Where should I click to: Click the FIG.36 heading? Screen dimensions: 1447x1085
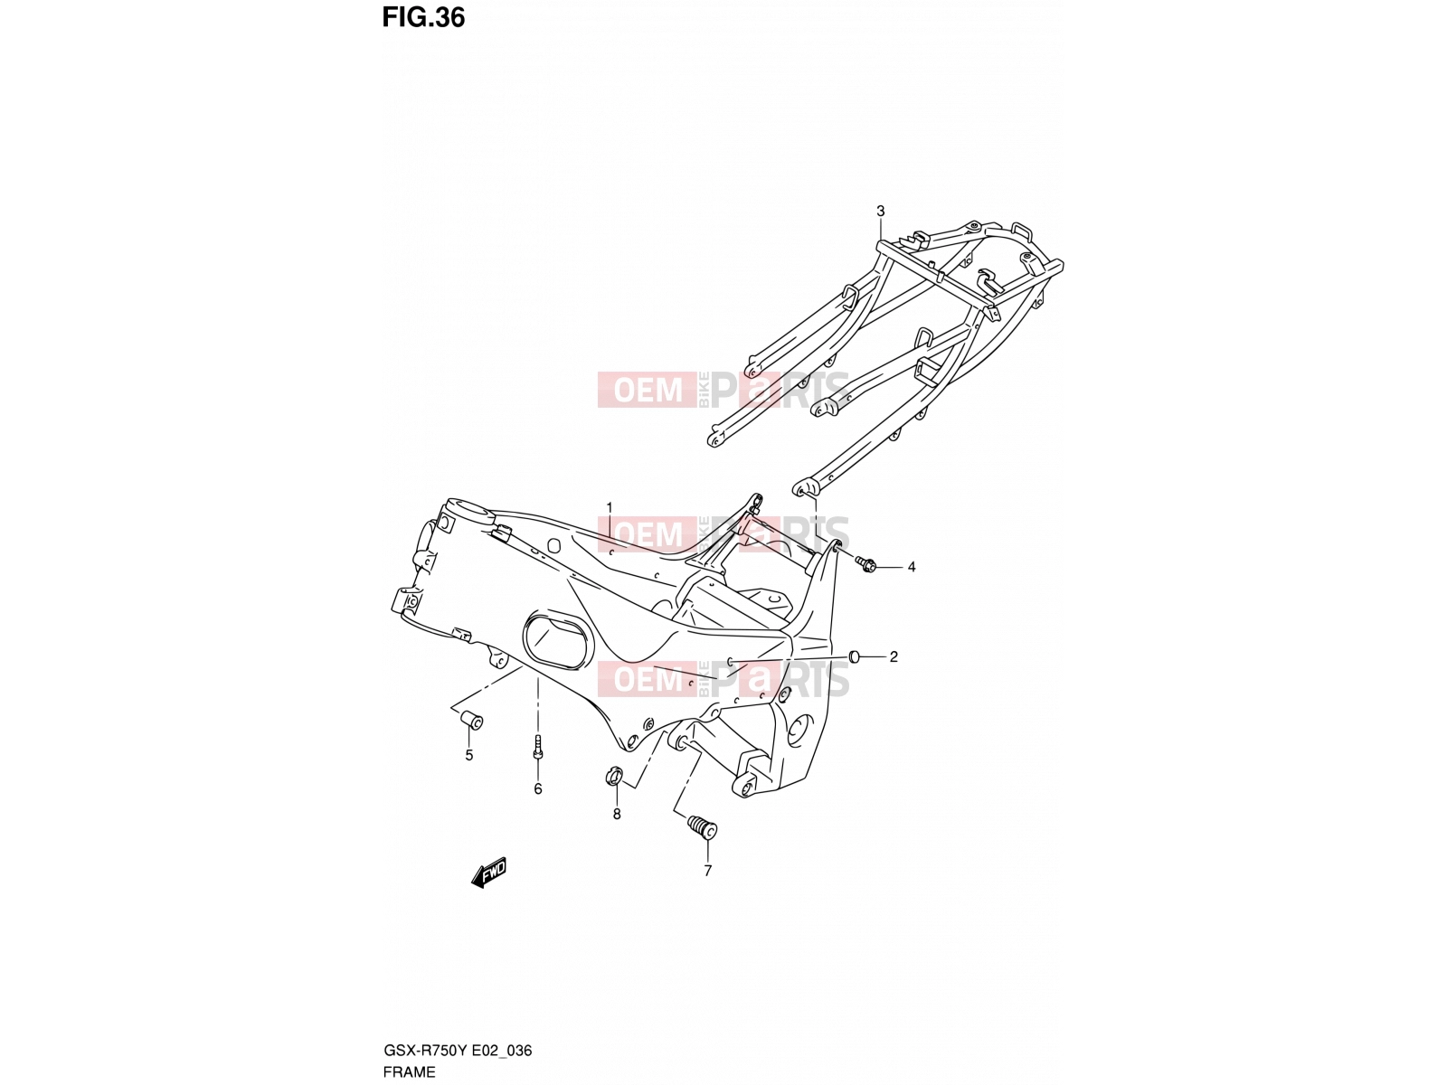pyautogui.click(x=423, y=18)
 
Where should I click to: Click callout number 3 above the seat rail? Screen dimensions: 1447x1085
pyautogui.click(x=880, y=211)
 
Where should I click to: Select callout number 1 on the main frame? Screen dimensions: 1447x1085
pyautogui.click(x=610, y=506)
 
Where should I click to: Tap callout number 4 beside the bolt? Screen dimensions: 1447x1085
pyautogui.click(x=912, y=567)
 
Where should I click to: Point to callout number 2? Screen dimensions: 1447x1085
pyautogui.click(x=894, y=656)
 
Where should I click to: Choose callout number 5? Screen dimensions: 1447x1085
pyautogui.click(x=468, y=756)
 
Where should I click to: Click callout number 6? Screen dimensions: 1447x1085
pyautogui.click(x=538, y=788)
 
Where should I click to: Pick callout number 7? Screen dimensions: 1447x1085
pyautogui.click(x=707, y=871)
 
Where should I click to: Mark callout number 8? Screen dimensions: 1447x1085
pyautogui.click(x=617, y=815)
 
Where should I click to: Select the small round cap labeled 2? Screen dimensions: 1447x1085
pyautogui.click(x=855, y=656)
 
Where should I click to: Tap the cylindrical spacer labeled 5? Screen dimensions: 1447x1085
pyautogui.click(x=472, y=720)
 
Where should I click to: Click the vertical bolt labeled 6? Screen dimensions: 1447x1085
pyautogui.click(x=538, y=748)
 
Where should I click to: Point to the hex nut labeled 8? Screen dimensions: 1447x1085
pyautogui.click(x=613, y=776)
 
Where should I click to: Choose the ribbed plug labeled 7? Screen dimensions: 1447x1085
pyautogui.click(x=702, y=826)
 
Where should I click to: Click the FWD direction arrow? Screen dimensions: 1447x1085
pyautogui.click(x=488, y=873)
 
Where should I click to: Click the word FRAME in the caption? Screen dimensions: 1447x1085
pyautogui.click(x=409, y=1071)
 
